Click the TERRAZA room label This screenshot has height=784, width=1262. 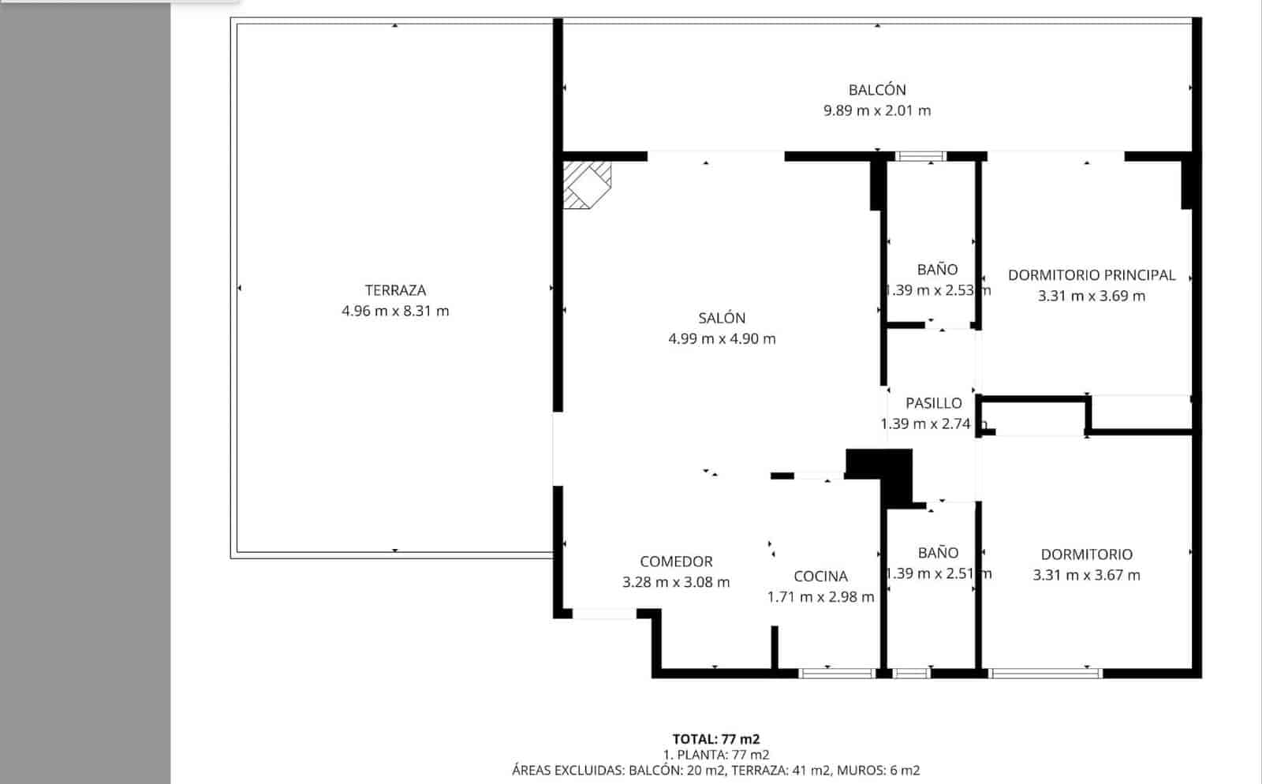[395, 290]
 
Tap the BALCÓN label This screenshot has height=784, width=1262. [877, 90]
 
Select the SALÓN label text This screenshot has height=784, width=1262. [722, 318]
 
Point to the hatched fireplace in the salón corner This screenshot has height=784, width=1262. [587, 185]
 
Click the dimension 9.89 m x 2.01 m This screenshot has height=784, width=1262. [877, 110]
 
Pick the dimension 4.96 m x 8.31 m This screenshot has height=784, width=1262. [395, 311]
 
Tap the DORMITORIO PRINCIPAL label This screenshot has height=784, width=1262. [1092, 275]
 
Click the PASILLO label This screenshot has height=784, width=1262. [933, 403]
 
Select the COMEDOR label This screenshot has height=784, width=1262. [676, 562]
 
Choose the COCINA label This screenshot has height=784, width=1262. [820, 577]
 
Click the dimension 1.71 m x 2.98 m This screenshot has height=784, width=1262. [820, 597]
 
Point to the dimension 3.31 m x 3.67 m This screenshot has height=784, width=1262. [1086, 575]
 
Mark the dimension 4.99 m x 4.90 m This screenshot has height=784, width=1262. [722, 339]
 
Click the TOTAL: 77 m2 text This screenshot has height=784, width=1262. [715, 739]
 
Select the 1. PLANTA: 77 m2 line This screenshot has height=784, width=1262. [715, 755]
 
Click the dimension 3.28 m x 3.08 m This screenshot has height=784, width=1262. [676, 583]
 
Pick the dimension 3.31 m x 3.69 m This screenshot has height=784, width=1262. [1092, 297]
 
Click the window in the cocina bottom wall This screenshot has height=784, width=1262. [837, 674]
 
